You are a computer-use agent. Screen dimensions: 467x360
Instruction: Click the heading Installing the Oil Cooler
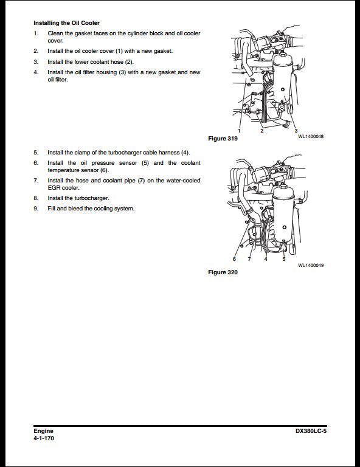(66, 22)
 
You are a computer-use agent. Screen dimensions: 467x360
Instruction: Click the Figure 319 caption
(223, 139)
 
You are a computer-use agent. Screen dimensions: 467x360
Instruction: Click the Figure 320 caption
(223, 272)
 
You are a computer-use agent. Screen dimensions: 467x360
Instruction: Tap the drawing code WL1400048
(310, 136)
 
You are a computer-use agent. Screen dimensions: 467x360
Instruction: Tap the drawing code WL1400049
(310, 265)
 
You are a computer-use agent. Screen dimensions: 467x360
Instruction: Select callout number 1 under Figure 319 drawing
(239, 131)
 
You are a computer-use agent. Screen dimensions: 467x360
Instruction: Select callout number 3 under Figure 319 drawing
(296, 131)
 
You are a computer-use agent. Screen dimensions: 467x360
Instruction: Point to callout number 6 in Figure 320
(235, 259)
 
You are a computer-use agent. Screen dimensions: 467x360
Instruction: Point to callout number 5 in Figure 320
(283, 259)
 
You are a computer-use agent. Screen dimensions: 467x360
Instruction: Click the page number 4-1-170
(44, 438)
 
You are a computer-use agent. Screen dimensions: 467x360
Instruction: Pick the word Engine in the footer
(43, 431)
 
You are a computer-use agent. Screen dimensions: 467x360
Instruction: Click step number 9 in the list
(36, 209)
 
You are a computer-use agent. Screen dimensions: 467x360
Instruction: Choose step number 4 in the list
(36, 72)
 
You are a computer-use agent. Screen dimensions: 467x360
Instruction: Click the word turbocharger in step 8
(92, 198)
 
